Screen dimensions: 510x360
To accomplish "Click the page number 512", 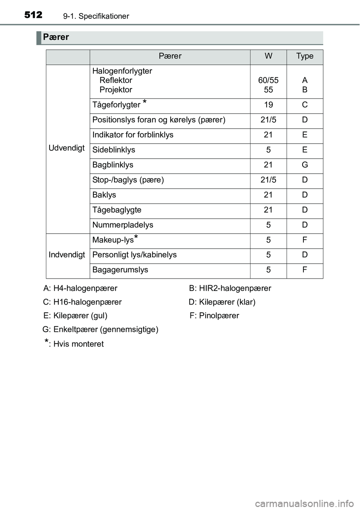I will coord(33,15).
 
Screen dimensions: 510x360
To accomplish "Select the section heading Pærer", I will coord(56,37).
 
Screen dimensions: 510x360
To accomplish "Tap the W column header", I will coord(268,56).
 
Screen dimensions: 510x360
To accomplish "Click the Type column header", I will coord(304,56).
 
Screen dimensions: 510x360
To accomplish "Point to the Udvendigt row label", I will coord(67,148).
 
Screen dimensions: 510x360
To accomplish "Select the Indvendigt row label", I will coord(67,255).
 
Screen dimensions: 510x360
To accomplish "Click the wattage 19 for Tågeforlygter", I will coord(268,105).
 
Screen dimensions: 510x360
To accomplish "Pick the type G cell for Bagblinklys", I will coord(304,165).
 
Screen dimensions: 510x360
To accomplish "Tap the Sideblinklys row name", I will coord(114,150).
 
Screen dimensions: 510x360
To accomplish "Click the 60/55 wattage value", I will coord(268,80).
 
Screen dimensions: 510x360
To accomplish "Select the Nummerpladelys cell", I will coord(123,225).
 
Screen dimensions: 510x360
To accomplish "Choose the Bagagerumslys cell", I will coord(120,270).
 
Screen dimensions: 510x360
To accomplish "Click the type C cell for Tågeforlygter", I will coord(304,105).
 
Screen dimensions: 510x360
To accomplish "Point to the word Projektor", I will coord(116,90).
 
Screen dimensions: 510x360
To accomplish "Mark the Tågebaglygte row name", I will coord(117,210).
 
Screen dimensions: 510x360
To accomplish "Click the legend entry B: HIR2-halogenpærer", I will coord(230,288).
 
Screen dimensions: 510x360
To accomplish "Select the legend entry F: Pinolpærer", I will coord(214,316).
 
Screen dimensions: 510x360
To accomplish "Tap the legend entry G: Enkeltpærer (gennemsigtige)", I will coord(100,330).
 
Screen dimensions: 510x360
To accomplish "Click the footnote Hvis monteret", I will coord(78,344).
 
